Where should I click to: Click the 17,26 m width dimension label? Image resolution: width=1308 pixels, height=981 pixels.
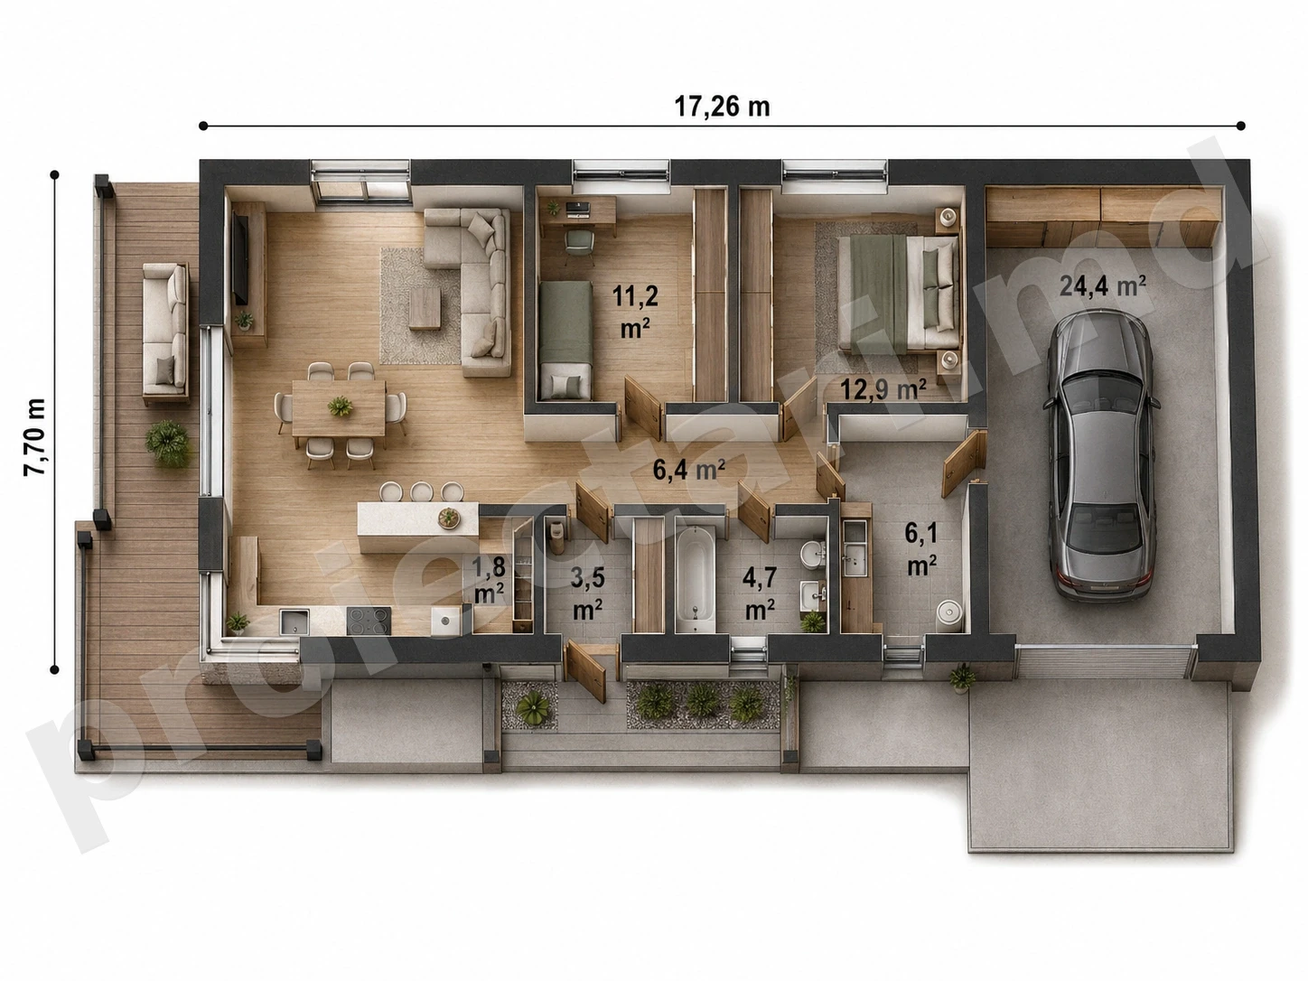(722, 107)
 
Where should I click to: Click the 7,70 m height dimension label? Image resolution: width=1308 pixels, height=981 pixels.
(34, 436)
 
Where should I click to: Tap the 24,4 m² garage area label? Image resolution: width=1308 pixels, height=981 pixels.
(1102, 286)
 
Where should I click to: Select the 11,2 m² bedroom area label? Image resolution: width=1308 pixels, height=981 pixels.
(635, 311)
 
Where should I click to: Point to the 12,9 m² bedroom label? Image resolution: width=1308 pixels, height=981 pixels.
(883, 389)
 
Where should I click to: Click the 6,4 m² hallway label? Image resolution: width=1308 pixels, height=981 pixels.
(689, 470)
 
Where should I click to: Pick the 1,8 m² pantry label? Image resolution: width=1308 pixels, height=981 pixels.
(490, 579)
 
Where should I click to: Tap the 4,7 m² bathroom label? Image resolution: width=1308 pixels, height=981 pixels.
(760, 593)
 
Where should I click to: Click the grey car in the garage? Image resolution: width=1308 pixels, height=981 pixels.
(1102, 455)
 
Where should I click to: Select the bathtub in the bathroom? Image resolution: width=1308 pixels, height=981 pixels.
(696, 578)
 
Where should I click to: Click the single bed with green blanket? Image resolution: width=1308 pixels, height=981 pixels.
(565, 340)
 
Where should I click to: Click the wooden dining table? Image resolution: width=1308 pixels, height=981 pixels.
(339, 408)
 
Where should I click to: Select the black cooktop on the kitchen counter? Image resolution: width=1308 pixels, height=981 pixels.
(369, 621)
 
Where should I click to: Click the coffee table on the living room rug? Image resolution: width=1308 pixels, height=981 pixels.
(425, 309)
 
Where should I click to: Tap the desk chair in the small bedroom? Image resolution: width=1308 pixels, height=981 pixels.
(579, 246)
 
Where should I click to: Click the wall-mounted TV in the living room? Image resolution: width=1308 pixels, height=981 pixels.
(240, 258)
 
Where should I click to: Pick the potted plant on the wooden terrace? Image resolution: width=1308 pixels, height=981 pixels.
(167, 444)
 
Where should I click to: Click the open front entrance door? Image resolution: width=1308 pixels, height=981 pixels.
(585, 671)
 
